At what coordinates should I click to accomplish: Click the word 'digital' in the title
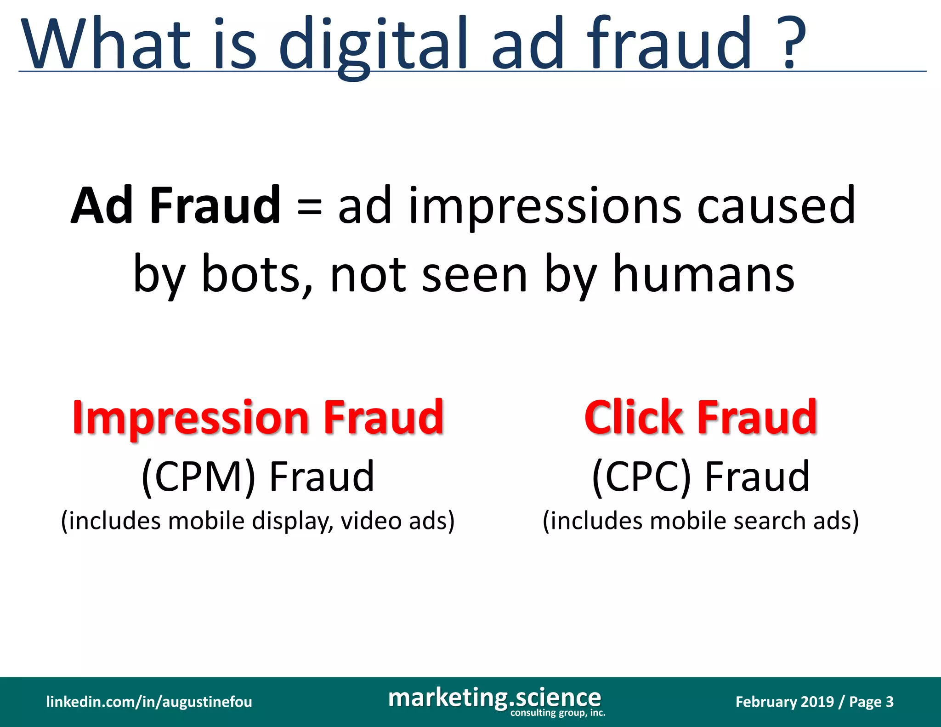coord(373,46)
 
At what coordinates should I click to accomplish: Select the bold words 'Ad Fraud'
coord(176,205)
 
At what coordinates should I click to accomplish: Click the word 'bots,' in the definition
coord(257,274)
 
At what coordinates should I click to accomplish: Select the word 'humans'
coord(703,274)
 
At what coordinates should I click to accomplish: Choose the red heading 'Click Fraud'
coord(701,417)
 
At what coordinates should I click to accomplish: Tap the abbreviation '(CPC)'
coord(641,477)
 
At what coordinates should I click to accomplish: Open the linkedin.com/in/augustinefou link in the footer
coord(149,702)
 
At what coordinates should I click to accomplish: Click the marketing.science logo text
coord(494,698)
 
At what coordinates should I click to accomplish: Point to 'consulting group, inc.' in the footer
coord(558,713)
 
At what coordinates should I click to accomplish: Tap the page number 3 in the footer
coord(890,702)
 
